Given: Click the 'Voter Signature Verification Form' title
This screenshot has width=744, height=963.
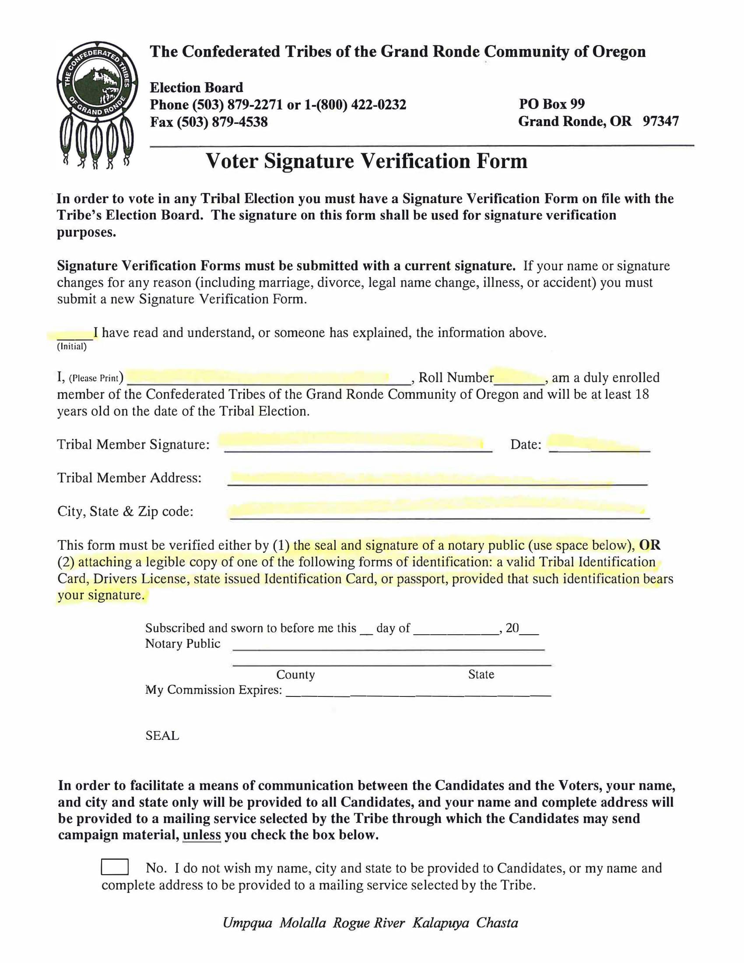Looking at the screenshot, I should [x=366, y=161].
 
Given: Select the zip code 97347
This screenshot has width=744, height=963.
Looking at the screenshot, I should [x=660, y=121].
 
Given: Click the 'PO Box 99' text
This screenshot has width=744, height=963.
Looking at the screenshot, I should [x=551, y=104].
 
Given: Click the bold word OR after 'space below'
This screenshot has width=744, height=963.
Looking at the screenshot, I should [x=649, y=545].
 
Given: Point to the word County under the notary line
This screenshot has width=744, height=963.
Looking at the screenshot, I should [x=295, y=675].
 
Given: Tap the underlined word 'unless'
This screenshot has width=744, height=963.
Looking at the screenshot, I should [x=201, y=835].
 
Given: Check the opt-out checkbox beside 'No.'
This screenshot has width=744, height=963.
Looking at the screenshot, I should [x=115, y=867].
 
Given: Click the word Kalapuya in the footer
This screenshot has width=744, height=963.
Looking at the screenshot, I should [x=440, y=923].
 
